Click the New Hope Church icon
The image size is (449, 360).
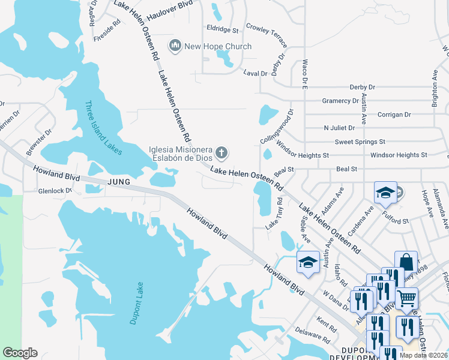coord(175,46)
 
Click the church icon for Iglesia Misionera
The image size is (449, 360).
coord(221,153)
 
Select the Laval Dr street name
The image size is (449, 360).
coord(255,73)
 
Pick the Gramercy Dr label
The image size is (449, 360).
coord(340,101)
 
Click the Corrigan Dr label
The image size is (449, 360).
coord(394,114)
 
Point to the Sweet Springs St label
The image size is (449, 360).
coord(360,142)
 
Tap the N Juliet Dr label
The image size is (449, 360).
coord(339,128)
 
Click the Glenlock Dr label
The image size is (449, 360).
coord(55,191)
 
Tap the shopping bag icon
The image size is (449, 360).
coord(406,262)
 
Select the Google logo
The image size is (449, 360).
coord(20,353)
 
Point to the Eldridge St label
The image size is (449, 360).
coord(223,29)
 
